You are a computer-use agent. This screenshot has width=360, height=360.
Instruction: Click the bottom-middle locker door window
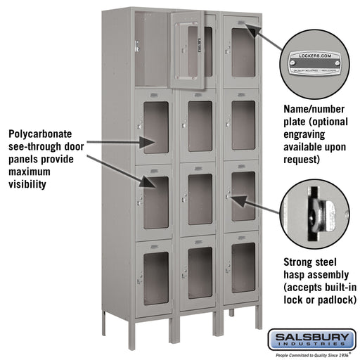click(200, 273)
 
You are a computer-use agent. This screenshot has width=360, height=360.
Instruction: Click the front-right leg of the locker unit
click(258, 316)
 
